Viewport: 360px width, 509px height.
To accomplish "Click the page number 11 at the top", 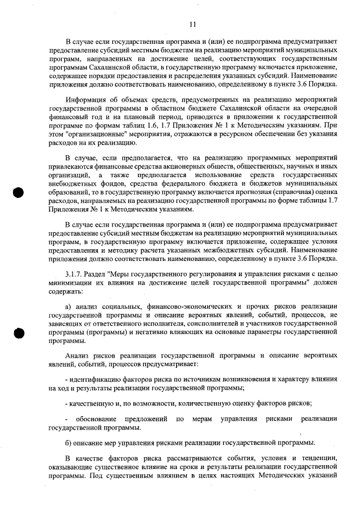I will pyautogui.click(x=192, y=24).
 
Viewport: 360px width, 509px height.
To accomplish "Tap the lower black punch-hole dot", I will pyautogui.click(x=19, y=332).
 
